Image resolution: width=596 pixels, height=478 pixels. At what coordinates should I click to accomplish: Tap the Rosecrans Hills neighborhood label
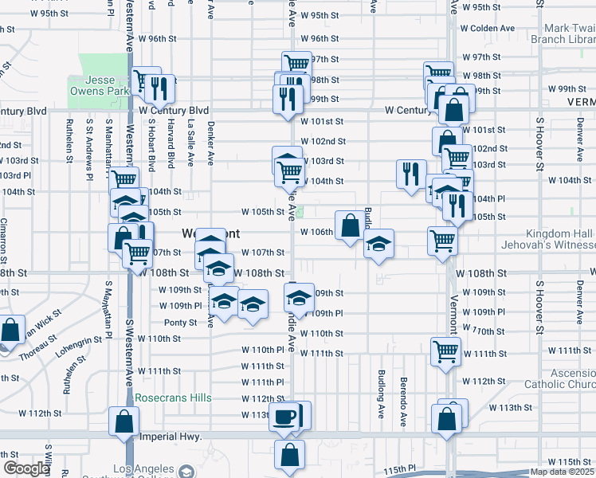pos(173,398)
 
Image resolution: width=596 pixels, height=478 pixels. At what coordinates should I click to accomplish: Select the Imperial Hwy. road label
pos(168,437)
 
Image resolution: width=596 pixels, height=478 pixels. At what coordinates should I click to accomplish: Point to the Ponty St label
pos(180,323)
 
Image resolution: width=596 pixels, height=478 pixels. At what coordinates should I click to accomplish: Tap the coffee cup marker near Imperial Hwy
pos(284,417)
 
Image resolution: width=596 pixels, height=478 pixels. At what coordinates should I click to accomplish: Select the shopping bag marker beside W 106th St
pos(350,225)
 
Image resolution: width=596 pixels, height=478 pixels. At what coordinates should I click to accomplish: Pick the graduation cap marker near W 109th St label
pos(299,299)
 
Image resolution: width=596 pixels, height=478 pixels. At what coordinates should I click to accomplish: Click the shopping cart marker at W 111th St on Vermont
pos(445,350)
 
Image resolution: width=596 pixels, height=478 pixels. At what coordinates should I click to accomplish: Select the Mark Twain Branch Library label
pos(570,33)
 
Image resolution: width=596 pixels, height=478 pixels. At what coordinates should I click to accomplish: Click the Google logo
pos(25,468)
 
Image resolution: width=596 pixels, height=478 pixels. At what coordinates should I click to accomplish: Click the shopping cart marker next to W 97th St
pos(296,63)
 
